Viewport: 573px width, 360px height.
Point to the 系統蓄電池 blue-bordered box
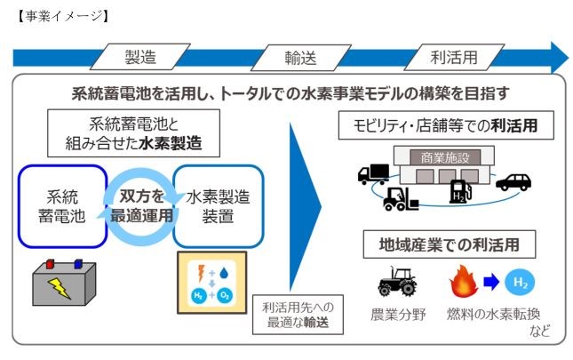(59, 205)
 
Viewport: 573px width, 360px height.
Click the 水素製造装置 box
(217, 205)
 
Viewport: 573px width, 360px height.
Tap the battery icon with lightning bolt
(58, 279)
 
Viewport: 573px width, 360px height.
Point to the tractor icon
(396, 284)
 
